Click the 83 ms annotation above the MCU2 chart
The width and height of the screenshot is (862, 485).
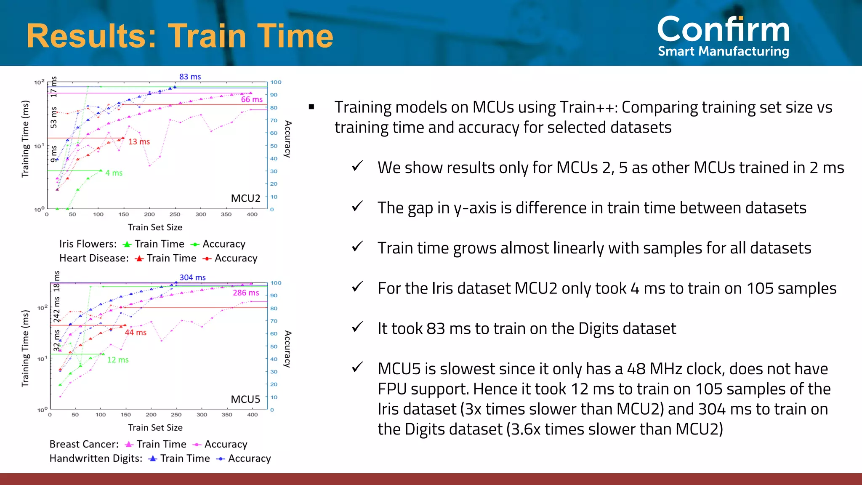coord(190,77)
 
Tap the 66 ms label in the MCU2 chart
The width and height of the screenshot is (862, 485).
coord(252,99)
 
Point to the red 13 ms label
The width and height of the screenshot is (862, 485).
coord(139,141)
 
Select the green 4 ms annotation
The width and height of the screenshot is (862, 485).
coord(114,173)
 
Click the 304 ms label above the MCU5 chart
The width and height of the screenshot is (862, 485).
coord(192,277)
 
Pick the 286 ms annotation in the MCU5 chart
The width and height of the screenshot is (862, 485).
coord(246,293)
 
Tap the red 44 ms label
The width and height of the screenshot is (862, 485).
coord(136,333)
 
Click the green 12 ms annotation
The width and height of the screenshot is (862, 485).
coord(118,360)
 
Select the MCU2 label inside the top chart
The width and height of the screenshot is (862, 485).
coord(245,198)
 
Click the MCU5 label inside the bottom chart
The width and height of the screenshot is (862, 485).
coord(245,399)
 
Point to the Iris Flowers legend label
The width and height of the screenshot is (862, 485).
coord(88,244)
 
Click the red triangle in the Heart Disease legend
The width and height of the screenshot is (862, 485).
coord(139,258)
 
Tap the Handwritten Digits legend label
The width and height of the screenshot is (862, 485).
coord(96,458)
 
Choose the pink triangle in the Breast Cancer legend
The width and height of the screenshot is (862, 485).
coord(129,445)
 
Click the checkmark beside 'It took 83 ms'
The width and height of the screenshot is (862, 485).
coord(357,327)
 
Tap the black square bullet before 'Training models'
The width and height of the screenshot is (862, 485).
coord(311,107)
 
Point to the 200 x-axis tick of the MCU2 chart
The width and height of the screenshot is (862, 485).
coord(149,214)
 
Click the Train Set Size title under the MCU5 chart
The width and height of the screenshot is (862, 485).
coord(155,428)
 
